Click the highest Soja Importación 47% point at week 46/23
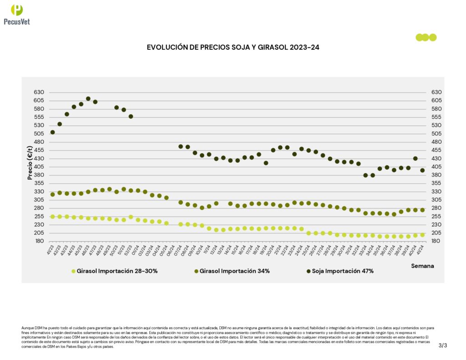tap(88, 99)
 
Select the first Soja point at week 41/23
tap(53, 132)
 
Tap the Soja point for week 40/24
tap(415, 159)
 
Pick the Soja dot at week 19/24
tap(266, 163)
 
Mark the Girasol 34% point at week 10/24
tap(202, 208)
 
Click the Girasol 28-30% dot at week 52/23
tap(131, 217)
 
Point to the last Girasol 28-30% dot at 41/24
tap(422, 235)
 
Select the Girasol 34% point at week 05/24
tap(167, 198)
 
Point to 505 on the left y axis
tap(39, 134)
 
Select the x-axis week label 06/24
tap(172, 250)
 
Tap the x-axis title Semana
tap(422, 265)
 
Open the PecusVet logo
tap(17, 14)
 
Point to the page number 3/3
tap(443, 345)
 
